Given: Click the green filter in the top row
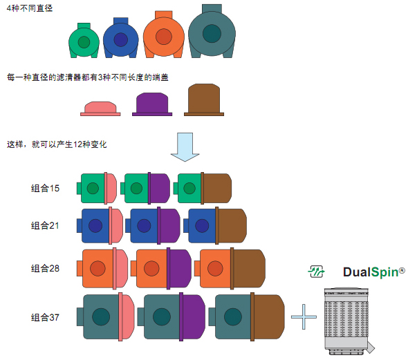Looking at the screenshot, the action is click(84, 41).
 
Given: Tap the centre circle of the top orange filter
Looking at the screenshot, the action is click(164, 37).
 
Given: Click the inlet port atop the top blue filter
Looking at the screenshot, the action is click(121, 21).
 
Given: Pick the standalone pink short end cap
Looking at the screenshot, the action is click(100, 108).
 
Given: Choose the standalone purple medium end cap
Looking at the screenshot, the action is click(152, 104).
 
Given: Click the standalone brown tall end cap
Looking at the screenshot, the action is click(204, 100).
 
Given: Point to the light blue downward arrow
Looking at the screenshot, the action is click(185, 147).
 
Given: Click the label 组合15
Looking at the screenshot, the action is click(45, 188).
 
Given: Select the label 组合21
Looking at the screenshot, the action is click(45, 226).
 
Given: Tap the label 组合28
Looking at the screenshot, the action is click(45, 268).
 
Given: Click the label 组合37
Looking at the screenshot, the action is click(45, 317).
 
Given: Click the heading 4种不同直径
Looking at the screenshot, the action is click(30, 8).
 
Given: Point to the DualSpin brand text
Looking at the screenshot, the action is click(374, 272).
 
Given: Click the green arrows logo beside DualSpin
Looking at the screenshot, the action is click(317, 272).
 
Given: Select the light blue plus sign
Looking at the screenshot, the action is click(304, 317).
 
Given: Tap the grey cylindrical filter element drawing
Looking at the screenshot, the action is click(348, 321).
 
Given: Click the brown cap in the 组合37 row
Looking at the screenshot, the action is click(268, 317).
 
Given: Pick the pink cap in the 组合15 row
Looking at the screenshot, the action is click(111, 188).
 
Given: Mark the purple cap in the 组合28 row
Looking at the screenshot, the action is click(179, 269).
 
